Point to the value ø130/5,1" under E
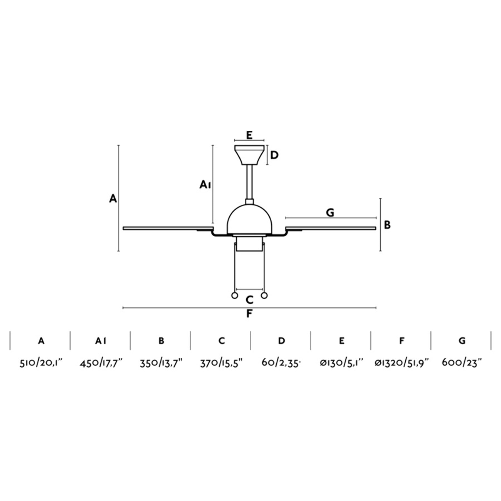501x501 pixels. click(x=342, y=363)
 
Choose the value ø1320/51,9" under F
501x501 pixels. click(x=401, y=363)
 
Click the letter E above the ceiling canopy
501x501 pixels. click(x=249, y=135)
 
